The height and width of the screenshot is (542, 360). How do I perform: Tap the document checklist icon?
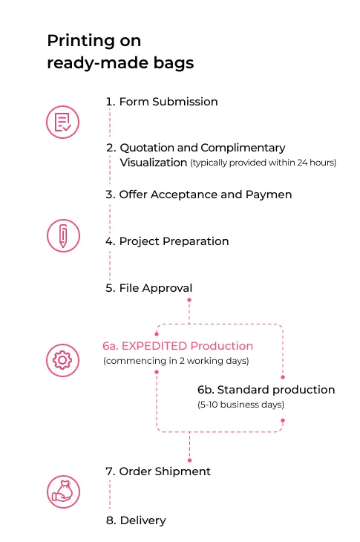[63, 122]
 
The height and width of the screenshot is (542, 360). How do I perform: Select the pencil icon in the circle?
[63, 236]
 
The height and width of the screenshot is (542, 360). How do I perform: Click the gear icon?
[62, 360]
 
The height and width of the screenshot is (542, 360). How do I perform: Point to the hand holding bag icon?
[63, 492]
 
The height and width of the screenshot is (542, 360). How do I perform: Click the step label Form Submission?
[162, 102]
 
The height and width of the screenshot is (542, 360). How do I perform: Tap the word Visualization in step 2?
[154, 163]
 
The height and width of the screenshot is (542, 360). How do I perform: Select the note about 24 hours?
[264, 163]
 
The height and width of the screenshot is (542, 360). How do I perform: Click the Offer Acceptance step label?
[199, 195]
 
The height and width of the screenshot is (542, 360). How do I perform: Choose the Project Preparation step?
[167, 241]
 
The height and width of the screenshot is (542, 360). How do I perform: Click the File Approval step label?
[149, 288]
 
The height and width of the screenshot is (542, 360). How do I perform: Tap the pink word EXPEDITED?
[154, 346]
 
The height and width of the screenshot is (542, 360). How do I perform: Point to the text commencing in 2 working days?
[176, 361]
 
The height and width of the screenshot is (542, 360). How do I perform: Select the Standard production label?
[266, 390]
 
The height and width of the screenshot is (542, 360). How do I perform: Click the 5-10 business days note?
[240, 405]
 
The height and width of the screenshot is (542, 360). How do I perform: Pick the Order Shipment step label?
[158, 471]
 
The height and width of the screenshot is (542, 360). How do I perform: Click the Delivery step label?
[136, 520]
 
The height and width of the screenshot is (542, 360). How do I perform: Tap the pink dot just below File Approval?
[189, 300]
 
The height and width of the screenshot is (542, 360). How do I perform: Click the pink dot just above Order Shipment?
[190, 460]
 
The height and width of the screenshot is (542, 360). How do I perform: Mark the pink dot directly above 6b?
[283, 377]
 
